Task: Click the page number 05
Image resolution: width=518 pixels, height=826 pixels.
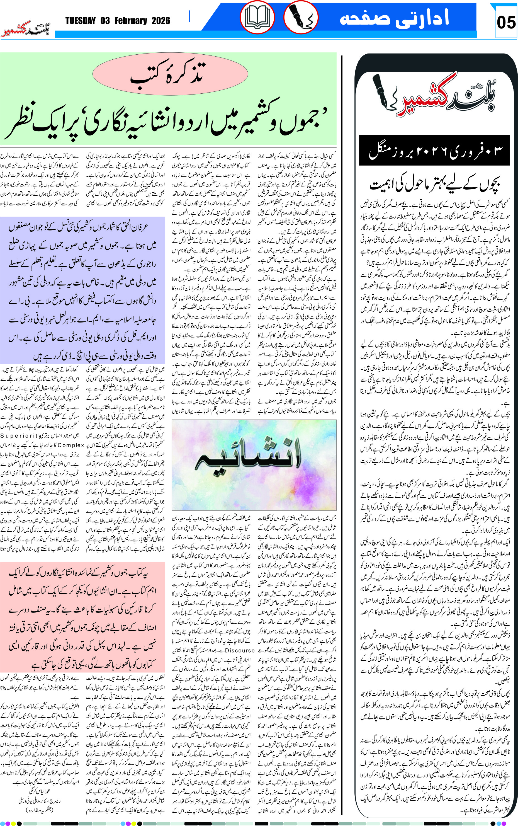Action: (506, 23)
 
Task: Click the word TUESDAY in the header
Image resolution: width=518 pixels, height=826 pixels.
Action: (80, 21)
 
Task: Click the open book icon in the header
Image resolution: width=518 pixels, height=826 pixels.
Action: (257, 18)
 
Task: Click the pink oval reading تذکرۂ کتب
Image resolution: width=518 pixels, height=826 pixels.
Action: (170, 74)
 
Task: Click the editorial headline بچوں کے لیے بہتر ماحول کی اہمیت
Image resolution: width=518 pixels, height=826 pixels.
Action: (435, 185)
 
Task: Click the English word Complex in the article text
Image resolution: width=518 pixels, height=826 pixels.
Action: (71, 445)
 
